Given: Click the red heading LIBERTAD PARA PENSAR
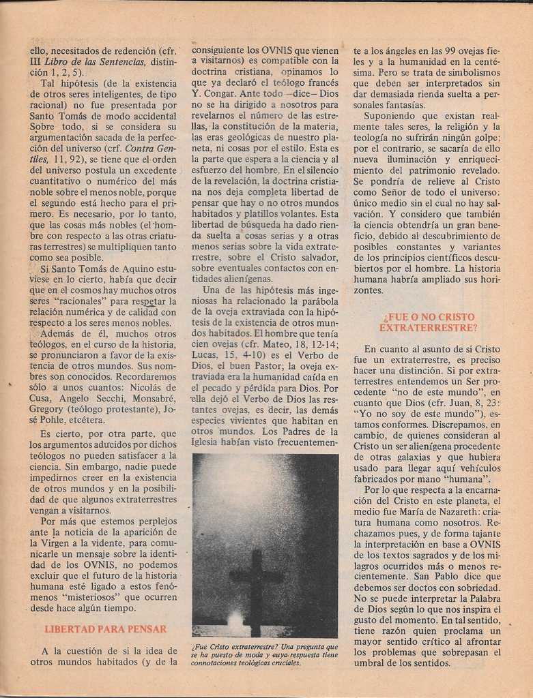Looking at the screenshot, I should click(x=105, y=629).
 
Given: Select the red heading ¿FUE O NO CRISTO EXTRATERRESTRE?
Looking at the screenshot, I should click(x=429, y=322).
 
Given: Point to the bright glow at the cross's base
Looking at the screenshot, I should click(x=236, y=619).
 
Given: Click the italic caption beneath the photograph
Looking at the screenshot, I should click(x=264, y=654).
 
